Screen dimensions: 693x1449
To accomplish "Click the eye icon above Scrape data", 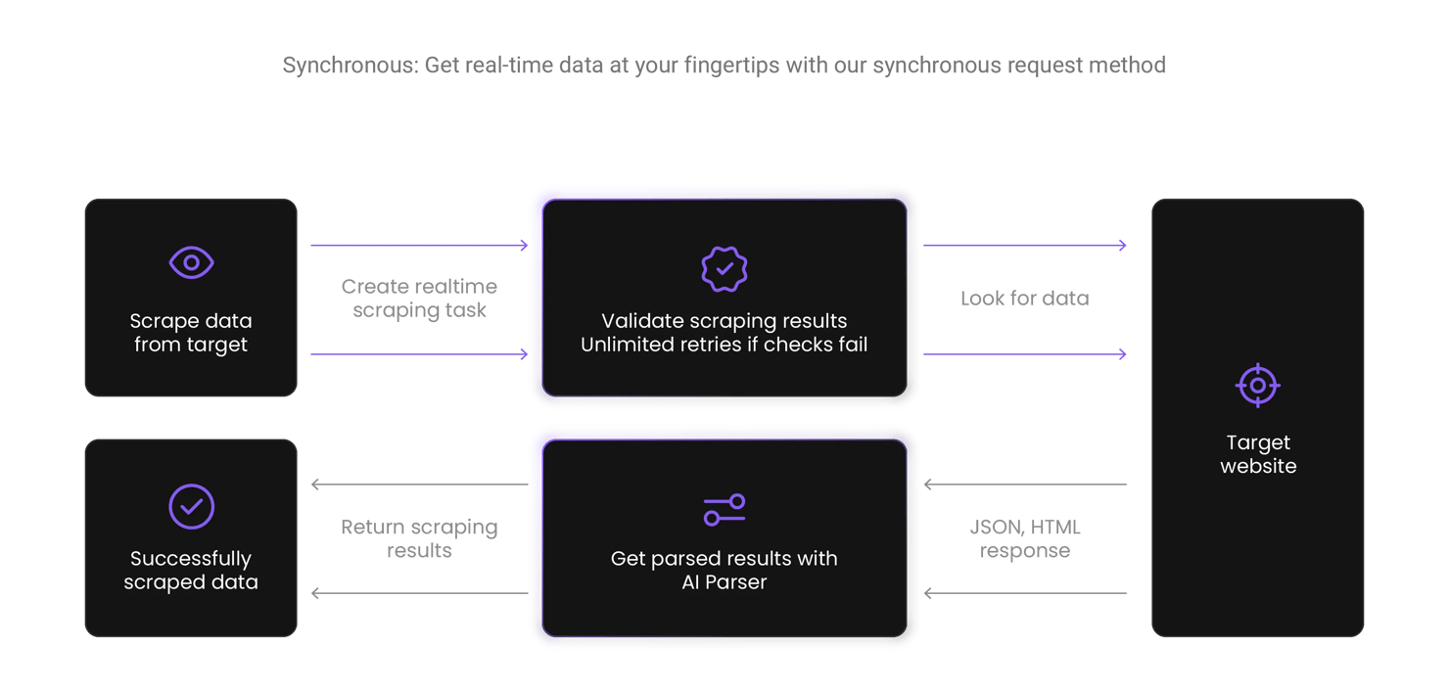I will tap(191, 262).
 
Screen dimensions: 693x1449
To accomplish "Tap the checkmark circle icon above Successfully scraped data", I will tap(191, 506).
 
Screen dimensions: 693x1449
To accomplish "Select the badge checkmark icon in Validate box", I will tap(724, 267).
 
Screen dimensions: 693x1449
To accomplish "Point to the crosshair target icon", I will tap(1257, 385).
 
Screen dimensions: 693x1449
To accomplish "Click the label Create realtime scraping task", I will tap(419, 299).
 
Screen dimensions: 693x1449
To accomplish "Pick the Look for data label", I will tap(1024, 299).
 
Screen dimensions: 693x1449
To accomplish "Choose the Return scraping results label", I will tap(419, 538).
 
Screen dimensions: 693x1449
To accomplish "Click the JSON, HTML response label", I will tap(1024, 538).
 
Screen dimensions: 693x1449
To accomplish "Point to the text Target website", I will tap(1258, 454).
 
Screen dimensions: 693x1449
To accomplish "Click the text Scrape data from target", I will tap(191, 333).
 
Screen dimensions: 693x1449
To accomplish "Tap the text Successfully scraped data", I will tap(191, 571).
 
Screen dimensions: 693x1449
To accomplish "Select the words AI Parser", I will tap(724, 582).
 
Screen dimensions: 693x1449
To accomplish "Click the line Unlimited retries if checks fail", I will tap(724, 345).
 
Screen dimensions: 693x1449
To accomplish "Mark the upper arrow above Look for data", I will tap(1024, 246).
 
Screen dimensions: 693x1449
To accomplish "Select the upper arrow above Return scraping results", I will tap(419, 485).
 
